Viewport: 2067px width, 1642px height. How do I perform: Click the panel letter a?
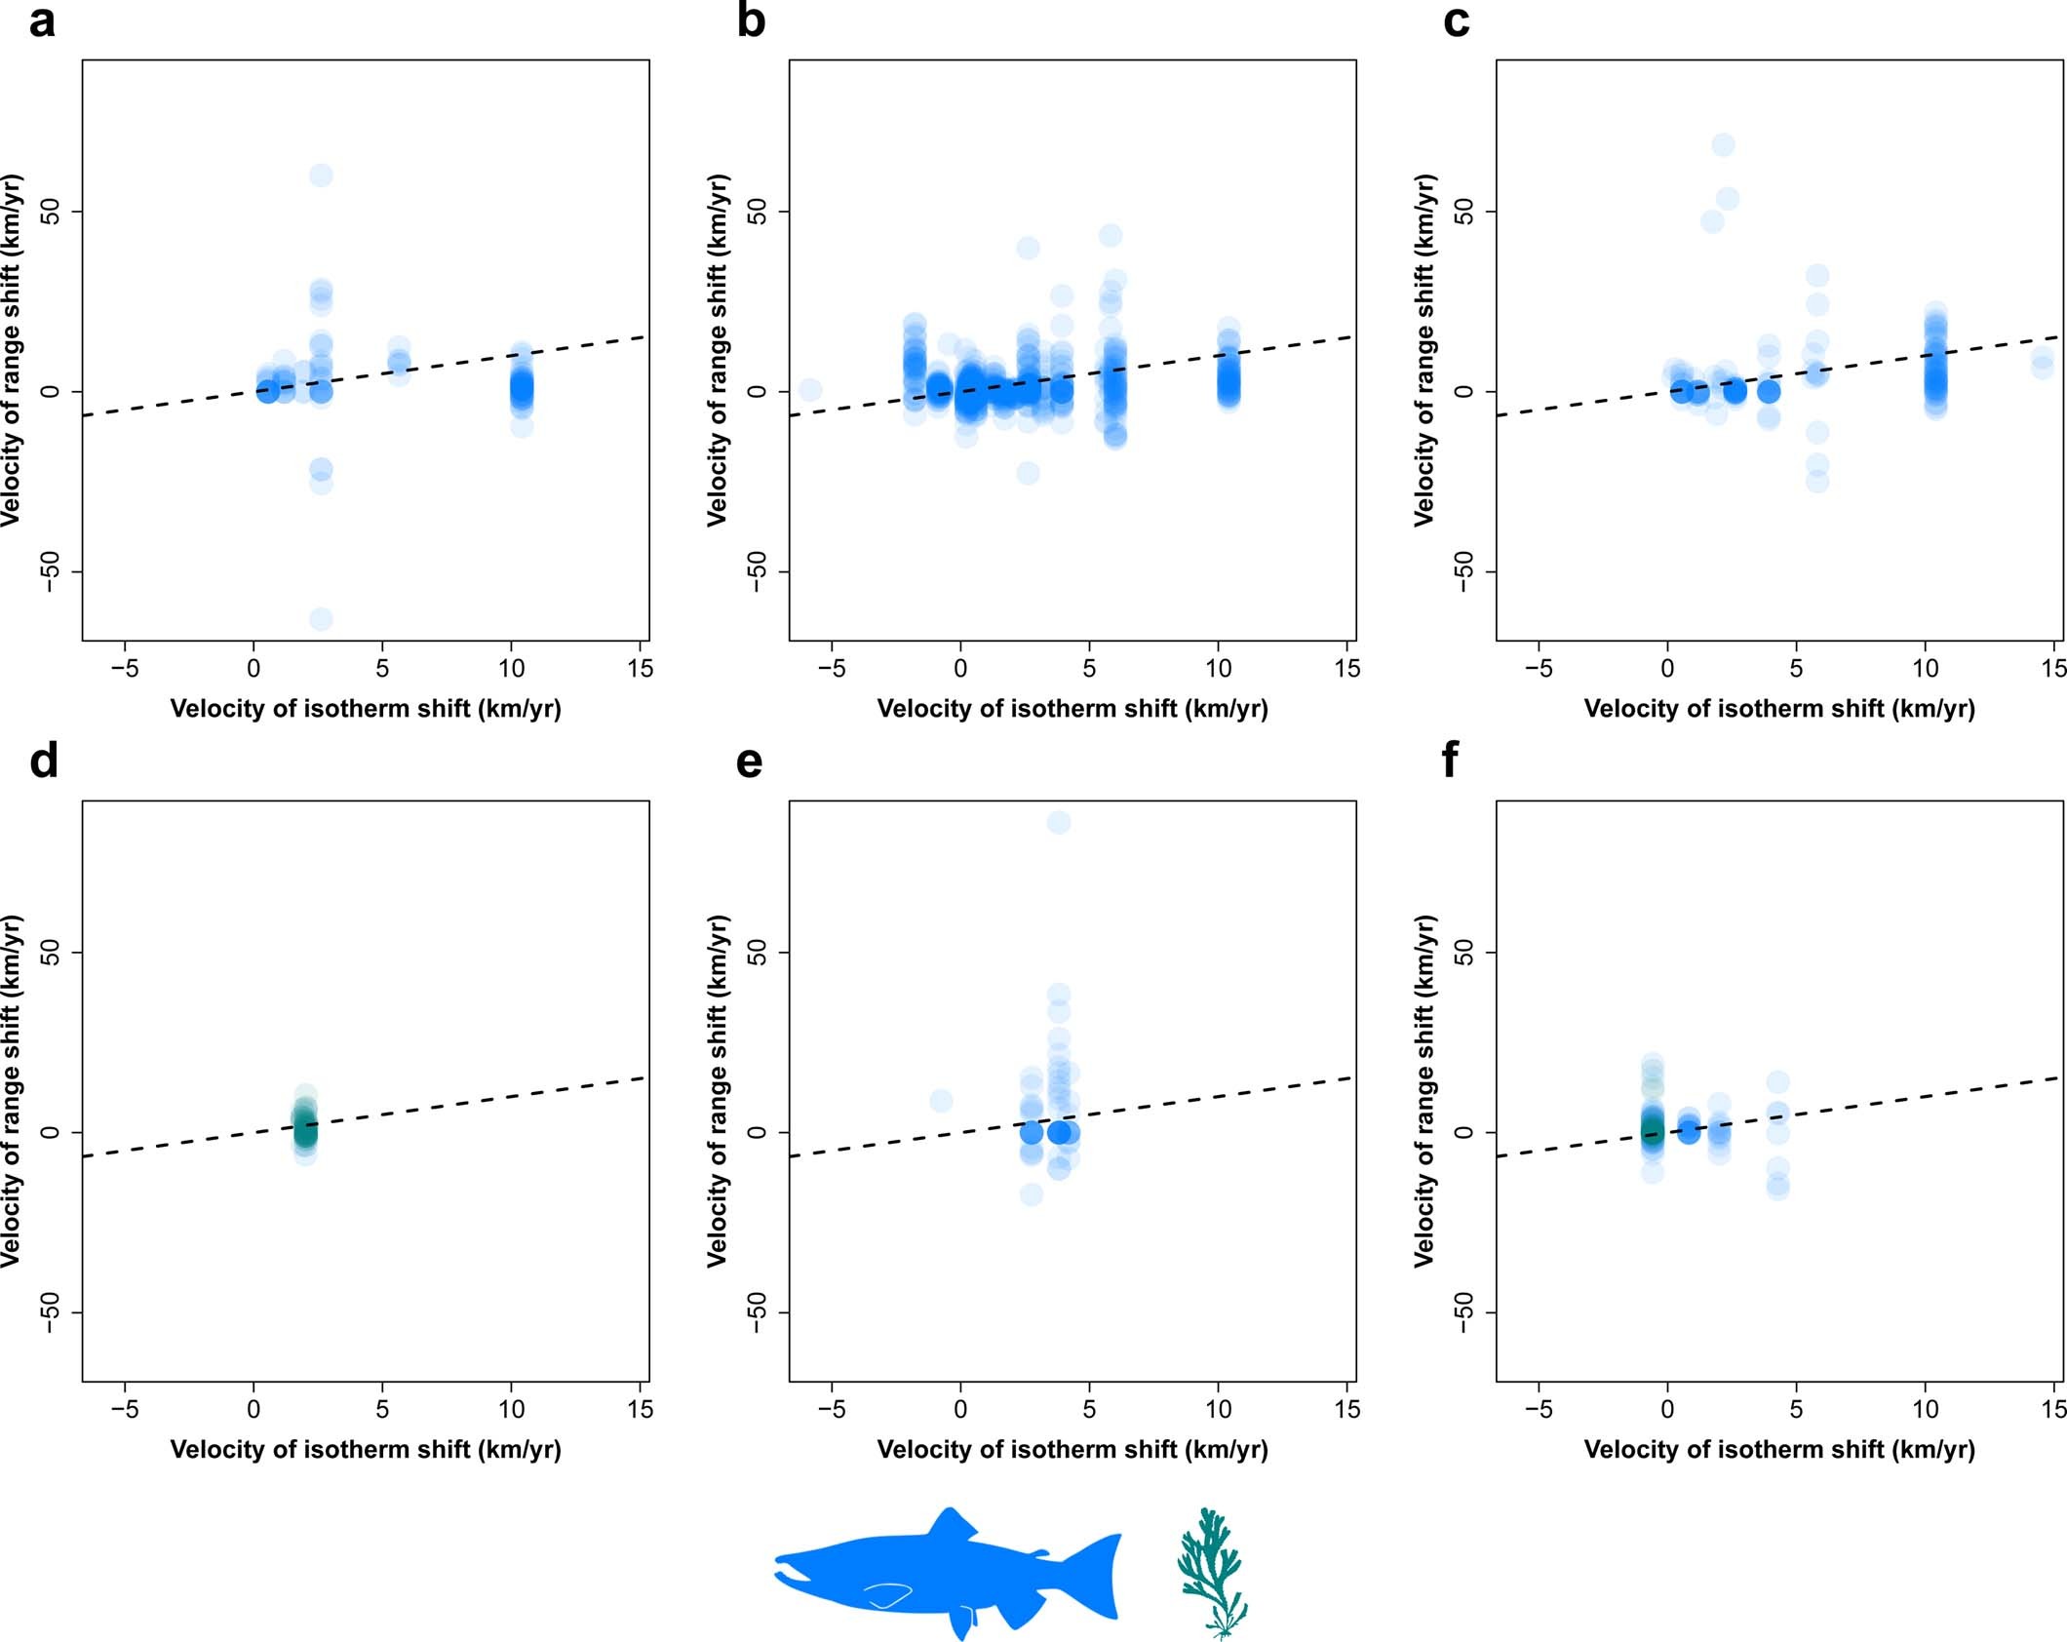point(42,21)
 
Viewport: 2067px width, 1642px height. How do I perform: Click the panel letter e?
point(749,762)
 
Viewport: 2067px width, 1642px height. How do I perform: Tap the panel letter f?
point(1450,760)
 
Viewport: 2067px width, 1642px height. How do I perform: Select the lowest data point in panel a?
point(321,619)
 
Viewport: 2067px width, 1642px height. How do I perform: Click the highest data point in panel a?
point(321,176)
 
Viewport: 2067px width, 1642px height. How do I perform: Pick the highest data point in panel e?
point(1059,823)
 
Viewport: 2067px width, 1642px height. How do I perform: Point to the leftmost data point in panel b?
point(809,390)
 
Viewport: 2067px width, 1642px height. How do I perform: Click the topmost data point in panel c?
point(1723,145)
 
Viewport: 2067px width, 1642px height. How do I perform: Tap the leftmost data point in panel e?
point(941,1101)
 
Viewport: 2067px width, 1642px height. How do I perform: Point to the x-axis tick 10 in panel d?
point(511,1409)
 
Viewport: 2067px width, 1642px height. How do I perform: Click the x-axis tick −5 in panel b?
point(831,669)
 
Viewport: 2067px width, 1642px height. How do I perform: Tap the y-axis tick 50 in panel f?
point(1462,953)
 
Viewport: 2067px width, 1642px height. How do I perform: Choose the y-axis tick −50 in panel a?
point(49,571)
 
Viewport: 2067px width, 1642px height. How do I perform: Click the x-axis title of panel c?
point(1779,709)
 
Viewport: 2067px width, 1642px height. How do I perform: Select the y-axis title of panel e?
point(718,1091)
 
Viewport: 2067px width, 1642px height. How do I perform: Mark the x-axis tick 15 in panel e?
point(1346,1409)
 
